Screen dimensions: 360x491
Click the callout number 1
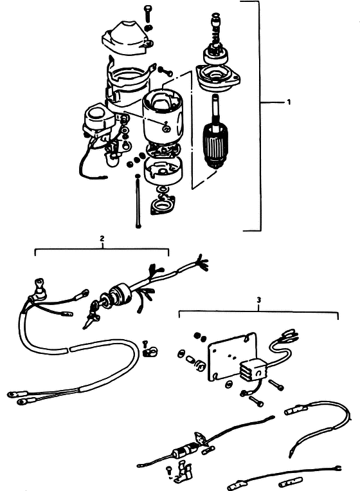click(x=289, y=102)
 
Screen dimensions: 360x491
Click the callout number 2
click(x=102, y=239)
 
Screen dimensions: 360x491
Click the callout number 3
click(x=258, y=300)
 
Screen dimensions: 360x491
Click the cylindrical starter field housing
click(x=162, y=117)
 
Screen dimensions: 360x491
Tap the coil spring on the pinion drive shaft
click(x=217, y=35)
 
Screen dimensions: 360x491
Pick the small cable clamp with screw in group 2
click(x=149, y=350)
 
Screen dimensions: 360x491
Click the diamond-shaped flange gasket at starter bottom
click(x=163, y=206)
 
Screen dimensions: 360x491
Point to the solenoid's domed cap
click(x=95, y=114)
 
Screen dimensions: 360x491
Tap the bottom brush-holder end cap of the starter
click(x=163, y=170)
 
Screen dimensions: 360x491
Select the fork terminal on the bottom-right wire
click(x=337, y=468)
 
